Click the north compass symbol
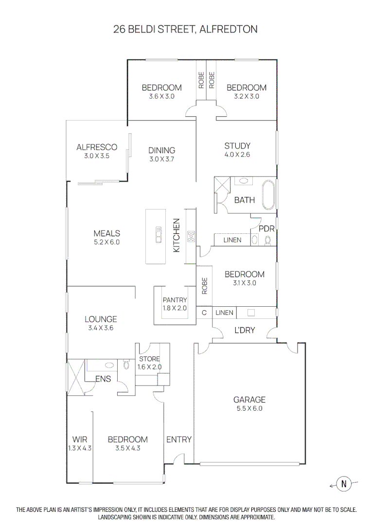[x=344, y=483]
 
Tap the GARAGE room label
[x=249, y=400]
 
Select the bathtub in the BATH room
[x=268, y=194]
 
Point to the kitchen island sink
[x=158, y=235]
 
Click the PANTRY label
[x=175, y=300]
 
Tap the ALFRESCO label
[x=97, y=147]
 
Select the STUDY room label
[x=237, y=146]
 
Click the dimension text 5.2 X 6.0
[x=107, y=242]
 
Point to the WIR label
[x=80, y=439]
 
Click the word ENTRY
[x=179, y=439]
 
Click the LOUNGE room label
[x=101, y=319]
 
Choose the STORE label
[x=149, y=359]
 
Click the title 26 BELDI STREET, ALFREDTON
[x=185, y=30]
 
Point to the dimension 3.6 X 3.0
[x=161, y=96]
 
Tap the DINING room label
[x=161, y=150]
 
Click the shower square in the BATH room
[x=221, y=187]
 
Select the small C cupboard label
[x=204, y=313]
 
